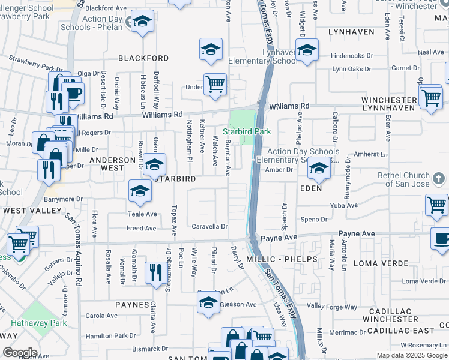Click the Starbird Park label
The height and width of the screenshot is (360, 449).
247,131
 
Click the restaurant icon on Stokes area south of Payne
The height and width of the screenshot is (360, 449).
157,273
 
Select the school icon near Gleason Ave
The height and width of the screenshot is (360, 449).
208,302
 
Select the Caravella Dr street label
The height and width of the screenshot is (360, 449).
209,227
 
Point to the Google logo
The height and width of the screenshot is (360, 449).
20,353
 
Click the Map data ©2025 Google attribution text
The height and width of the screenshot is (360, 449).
411,355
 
